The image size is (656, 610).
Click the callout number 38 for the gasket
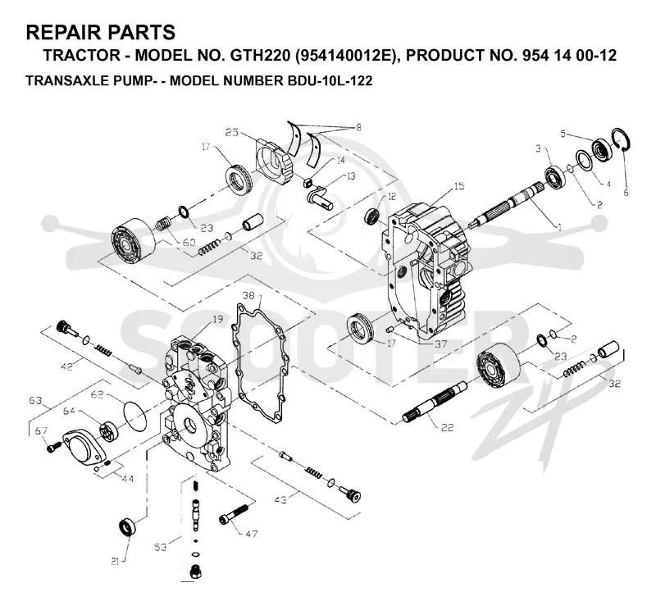coord(248,296)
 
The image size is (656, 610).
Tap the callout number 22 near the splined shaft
coord(447,427)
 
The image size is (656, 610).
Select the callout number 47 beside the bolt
coord(251,534)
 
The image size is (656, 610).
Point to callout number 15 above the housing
coord(459,186)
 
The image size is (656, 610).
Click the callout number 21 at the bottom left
coord(115,562)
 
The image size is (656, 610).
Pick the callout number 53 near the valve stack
coord(160,547)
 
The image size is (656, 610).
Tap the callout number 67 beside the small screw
coord(41,431)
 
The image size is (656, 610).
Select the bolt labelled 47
coord(234,514)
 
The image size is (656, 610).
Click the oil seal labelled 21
coord(127,526)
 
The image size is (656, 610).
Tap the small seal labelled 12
coord(373,216)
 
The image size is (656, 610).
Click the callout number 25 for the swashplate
coord(232,132)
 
